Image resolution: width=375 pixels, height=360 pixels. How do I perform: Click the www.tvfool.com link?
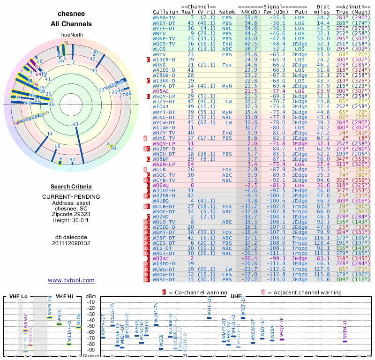71,280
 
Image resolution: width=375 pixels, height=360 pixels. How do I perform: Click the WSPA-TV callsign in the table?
164,17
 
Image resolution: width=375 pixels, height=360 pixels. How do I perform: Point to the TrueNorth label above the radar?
71,35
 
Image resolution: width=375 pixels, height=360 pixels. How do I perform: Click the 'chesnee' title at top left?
71,14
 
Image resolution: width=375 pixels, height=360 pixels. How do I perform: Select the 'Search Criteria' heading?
71,187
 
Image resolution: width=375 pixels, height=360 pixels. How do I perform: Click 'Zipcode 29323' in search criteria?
71,212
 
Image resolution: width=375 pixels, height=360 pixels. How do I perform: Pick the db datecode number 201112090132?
71,243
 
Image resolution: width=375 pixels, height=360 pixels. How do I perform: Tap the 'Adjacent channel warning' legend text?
304,292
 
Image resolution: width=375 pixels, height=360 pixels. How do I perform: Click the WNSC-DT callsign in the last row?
164,280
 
